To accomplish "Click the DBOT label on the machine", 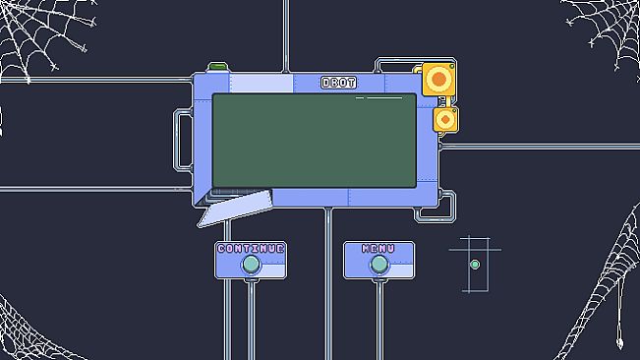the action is tap(338, 83).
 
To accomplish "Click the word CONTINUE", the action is tap(251, 249).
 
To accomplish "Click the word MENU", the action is tap(378, 249).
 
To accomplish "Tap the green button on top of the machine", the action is tap(217, 67).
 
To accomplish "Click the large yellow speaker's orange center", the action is tap(438, 79).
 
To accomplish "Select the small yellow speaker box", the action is tap(445, 120).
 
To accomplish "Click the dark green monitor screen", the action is tap(315, 141).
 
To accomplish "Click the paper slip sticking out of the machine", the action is tap(235, 209).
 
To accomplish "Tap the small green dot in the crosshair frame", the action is tap(475, 265).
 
